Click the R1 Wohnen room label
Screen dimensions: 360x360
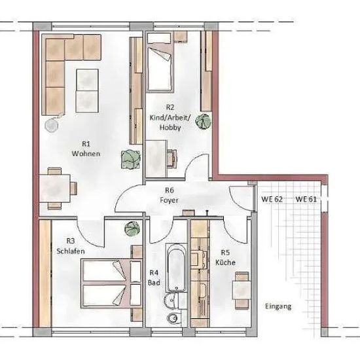[x=86, y=149]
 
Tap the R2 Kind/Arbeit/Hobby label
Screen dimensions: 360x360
[x=170, y=117]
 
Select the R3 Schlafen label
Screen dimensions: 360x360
[x=71, y=246]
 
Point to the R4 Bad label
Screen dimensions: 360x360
[x=154, y=278]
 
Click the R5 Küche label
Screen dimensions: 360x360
[x=225, y=258]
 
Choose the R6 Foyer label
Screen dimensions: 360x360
[x=170, y=195]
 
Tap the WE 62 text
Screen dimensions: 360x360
[x=272, y=199]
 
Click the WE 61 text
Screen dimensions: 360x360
[x=306, y=199]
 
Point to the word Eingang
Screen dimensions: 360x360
[x=278, y=306]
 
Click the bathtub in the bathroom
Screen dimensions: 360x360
[x=176, y=268]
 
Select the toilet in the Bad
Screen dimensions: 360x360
[x=173, y=318]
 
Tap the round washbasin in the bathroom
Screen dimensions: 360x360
[x=170, y=300]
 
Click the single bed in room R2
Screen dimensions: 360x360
[x=160, y=67]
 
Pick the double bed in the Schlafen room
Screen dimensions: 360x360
[x=111, y=283]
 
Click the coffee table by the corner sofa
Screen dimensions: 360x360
[x=87, y=91]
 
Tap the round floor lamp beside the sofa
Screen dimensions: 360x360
[x=52, y=125]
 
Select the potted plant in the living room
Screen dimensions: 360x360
[x=131, y=159]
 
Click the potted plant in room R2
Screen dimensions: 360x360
[x=203, y=121]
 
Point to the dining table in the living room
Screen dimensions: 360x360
[x=54, y=189]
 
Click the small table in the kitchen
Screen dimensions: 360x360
[x=242, y=291]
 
